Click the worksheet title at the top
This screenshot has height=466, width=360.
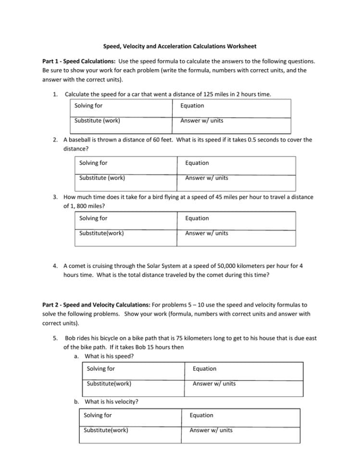pyautogui.click(x=180, y=47)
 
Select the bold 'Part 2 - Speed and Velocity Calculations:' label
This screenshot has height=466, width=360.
pyautogui.click(x=97, y=305)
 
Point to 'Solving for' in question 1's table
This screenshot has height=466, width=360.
pyautogui.click(x=88, y=106)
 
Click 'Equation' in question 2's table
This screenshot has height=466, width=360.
pyautogui.click(x=197, y=163)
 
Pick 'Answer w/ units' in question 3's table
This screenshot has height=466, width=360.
pyautogui.click(x=207, y=233)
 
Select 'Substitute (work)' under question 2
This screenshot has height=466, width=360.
pyautogui.click(x=102, y=178)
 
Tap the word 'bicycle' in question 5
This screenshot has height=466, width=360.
pyautogui.click(x=110, y=338)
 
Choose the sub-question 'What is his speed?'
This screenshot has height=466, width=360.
pyautogui.click(x=109, y=356)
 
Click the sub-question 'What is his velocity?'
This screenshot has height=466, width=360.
pyautogui.click(x=112, y=402)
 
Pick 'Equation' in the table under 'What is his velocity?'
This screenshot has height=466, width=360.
pyautogui.click(x=201, y=415)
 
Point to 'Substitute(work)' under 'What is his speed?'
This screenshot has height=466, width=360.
pyautogui.click(x=109, y=383)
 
